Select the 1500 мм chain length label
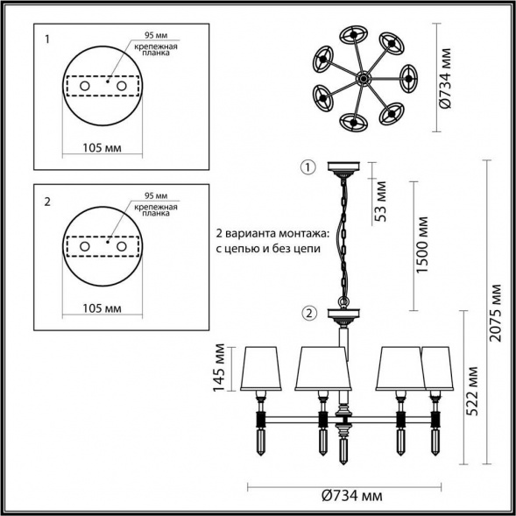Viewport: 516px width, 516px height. tap(423, 244)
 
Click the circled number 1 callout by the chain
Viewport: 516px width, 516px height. tap(307, 166)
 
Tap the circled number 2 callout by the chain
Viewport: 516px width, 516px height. tap(307, 314)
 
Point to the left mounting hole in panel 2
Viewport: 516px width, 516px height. tap(85, 248)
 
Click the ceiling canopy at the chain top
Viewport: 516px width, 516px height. tap(340, 166)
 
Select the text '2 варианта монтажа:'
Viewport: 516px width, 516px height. tap(266, 235)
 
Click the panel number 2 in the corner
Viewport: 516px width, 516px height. tap(47, 201)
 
